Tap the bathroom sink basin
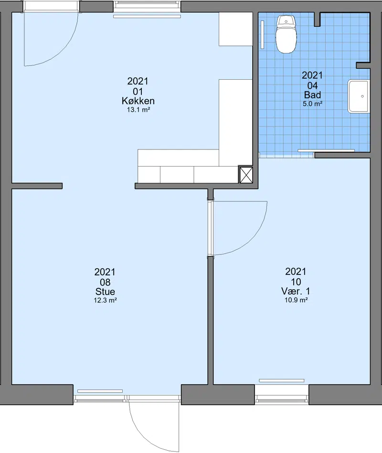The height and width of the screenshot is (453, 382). tap(359, 96)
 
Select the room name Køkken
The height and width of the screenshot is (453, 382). tap(138, 101)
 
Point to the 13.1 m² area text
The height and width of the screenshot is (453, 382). tap(138, 110)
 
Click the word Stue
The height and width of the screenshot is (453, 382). tap(105, 292)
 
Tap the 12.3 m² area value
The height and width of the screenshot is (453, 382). tap(105, 300)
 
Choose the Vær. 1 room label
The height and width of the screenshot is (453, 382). tap(296, 291)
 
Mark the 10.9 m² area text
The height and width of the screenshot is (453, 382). tap(296, 300)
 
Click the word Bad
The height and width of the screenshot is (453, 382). tap(312, 95)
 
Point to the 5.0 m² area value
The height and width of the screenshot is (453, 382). tap(312, 104)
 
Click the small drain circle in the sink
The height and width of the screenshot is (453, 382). tap(362, 96)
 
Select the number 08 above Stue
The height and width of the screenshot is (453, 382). tap(105, 282)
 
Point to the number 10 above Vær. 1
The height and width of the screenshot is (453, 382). tap(296, 282)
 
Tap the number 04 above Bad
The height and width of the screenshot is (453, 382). tap(313, 85)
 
